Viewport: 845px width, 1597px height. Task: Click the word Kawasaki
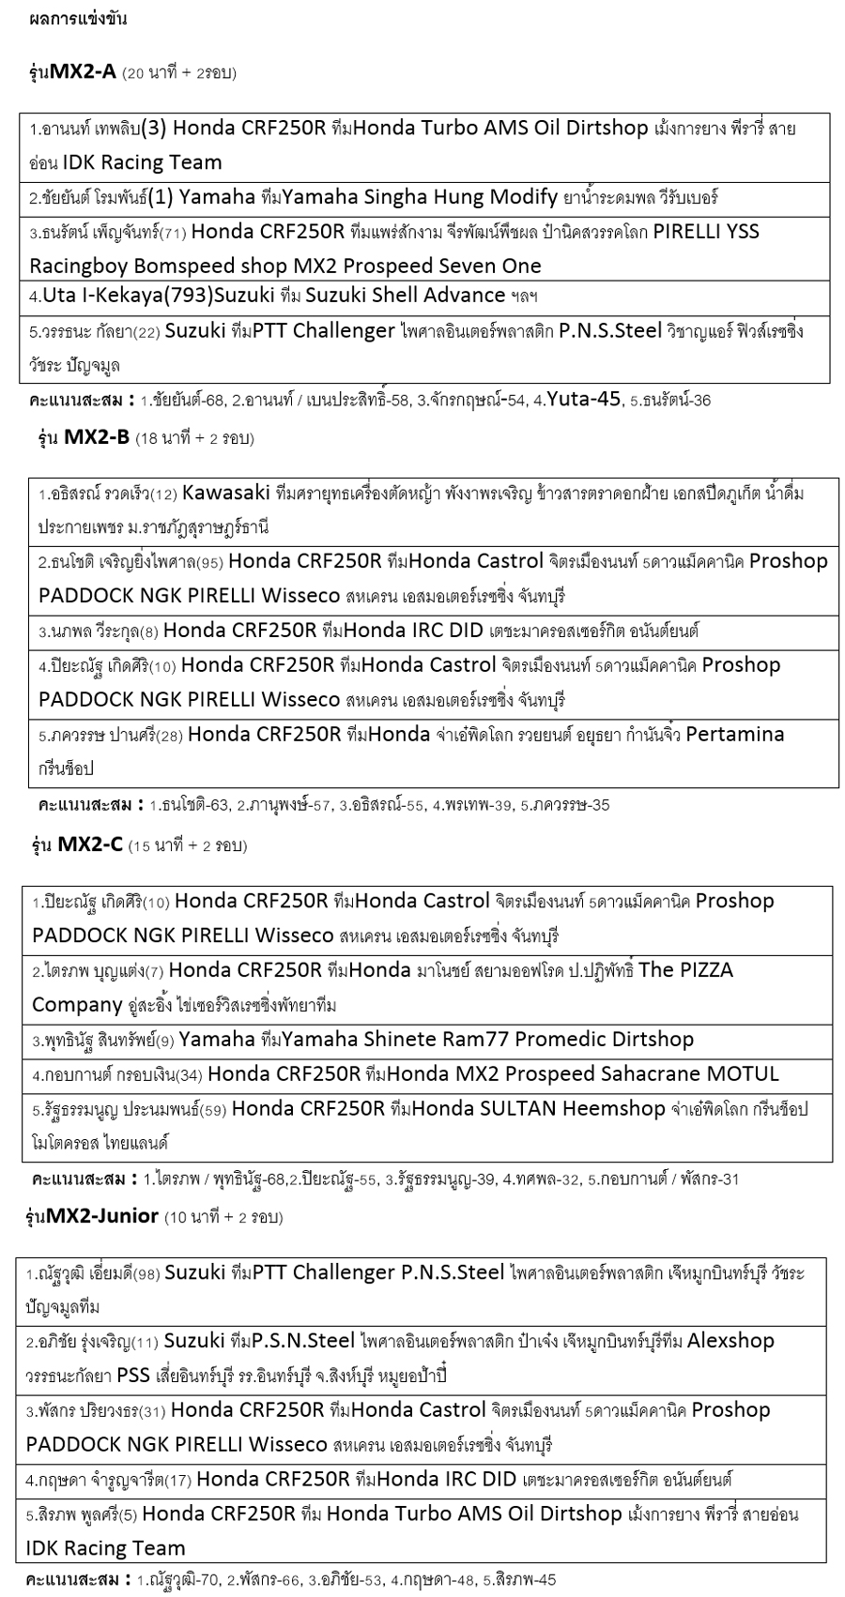tap(226, 493)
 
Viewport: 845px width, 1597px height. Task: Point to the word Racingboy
tap(76, 266)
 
